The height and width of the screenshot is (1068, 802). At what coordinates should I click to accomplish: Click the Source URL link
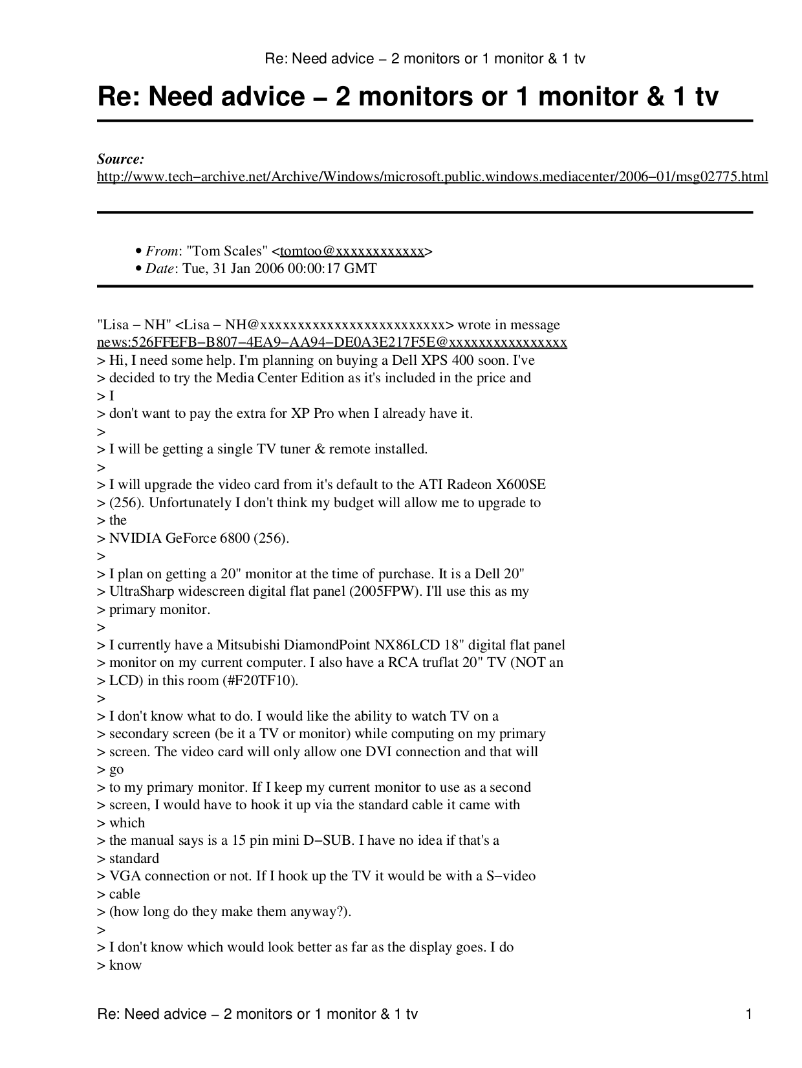[432, 177]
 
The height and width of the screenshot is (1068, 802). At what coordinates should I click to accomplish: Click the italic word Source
[120, 159]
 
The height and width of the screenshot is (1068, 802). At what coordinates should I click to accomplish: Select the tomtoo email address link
[352, 251]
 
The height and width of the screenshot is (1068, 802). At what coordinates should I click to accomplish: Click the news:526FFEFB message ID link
[332, 342]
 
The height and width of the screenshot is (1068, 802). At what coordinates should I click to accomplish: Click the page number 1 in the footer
[749, 1014]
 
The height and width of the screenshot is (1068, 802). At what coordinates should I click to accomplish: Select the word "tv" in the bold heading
[706, 98]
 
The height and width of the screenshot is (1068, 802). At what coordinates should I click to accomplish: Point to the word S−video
[511, 876]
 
